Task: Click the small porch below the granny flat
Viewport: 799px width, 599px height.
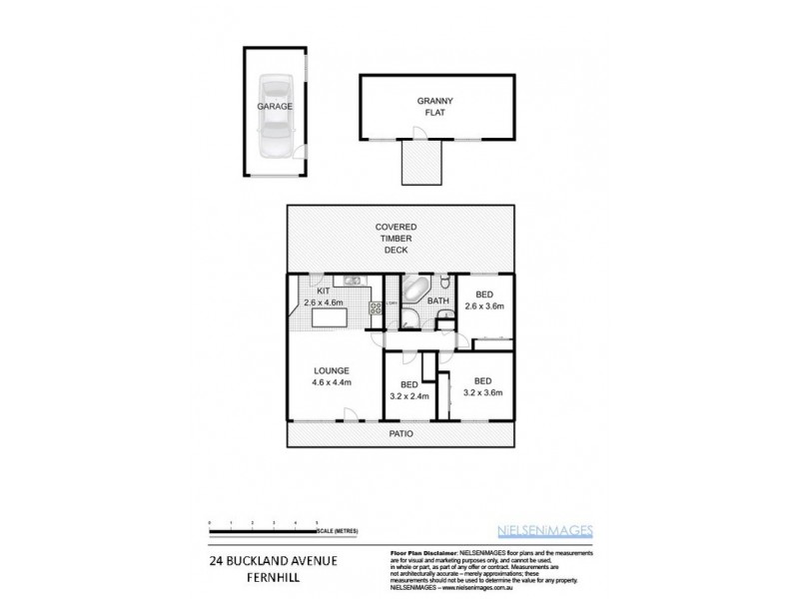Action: click(x=420, y=162)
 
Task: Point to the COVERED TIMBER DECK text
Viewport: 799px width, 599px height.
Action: click(x=402, y=239)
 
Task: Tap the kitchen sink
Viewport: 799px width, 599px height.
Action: click(x=352, y=281)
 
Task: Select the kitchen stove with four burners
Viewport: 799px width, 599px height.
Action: click(x=376, y=310)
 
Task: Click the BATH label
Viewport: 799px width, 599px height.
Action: click(x=436, y=300)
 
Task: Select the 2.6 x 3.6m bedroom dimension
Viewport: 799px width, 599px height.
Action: click(x=483, y=306)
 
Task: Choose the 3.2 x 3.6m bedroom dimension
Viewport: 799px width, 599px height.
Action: click(x=483, y=392)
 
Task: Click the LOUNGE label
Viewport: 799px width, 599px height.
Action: click(x=332, y=370)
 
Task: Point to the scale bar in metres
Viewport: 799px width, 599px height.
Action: click(x=264, y=524)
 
